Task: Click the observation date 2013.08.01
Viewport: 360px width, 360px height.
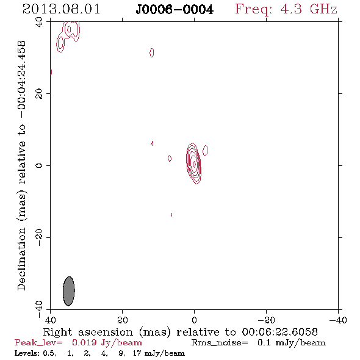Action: pos(61,9)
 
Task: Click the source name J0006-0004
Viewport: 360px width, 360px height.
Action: pos(175,10)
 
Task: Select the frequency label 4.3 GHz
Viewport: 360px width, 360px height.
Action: pos(309,9)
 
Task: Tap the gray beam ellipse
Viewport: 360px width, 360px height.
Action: pos(69,291)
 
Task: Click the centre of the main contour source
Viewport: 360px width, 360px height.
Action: pos(194,164)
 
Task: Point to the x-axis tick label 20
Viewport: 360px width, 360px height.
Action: pos(122,320)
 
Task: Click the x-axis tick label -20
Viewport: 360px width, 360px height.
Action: pos(266,320)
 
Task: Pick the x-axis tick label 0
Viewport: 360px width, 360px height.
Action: pos(194,320)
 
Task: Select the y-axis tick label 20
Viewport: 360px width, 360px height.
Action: pos(39,94)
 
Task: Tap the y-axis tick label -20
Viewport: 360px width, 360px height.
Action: pos(39,237)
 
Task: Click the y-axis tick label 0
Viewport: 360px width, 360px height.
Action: pos(39,165)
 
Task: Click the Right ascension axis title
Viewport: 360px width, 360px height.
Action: pos(180,332)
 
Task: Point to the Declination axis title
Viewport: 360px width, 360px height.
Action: pos(21,166)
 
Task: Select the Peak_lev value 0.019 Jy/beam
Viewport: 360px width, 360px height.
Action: pos(107,343)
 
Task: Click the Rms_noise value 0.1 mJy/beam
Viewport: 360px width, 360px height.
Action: pos(291,343)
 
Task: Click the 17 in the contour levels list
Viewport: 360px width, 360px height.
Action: pos(137,353)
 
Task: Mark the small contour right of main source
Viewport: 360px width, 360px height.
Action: pos(205,150)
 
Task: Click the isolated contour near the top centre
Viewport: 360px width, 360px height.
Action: pos(151,52)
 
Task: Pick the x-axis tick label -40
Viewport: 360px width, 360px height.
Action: pos(338,320)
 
